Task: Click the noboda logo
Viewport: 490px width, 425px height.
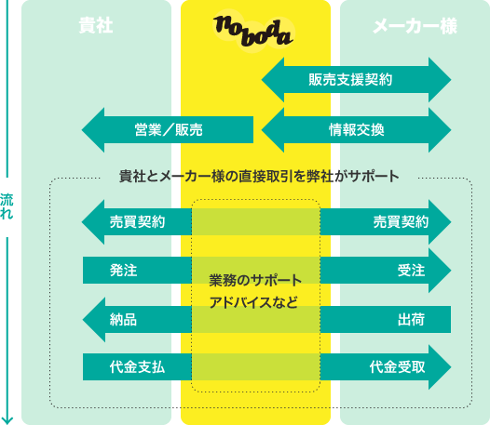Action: pyautogui.click(x=253, y=31)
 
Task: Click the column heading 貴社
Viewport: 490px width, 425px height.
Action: pyautogui.click(x=96, y=26)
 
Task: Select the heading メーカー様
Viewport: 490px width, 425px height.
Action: pyautogui.click(x=415, y=26)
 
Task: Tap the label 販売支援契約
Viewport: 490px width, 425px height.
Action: pyautogui.click(x=350, y=80)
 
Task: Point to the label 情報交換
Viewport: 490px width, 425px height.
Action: pyautogui.click(x=357, y=130)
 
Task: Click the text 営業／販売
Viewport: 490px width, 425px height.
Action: pyautogui.click(x=169, y=130)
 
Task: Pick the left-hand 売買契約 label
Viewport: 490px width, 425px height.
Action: pyautogui.click(x=137, y=222)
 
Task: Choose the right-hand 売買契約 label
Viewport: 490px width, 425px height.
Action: pyautogui.click(x=401, y=222)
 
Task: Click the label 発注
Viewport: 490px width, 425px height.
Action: pyautogui.click(x=124, y=271)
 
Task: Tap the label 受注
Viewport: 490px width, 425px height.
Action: pyautogui.click(x=411, y=271)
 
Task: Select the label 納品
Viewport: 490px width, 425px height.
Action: pyautogui.click(x=123, y=320)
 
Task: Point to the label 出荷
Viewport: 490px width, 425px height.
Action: pyautogui.click(x=411, y=320)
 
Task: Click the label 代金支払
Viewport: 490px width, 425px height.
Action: pyautogui.click(x=137, y=367)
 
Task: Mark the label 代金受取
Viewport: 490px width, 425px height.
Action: pyautogui.click(x=398, y=367)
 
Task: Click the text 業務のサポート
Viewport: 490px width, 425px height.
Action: pyautogui.click(x=255, y=280)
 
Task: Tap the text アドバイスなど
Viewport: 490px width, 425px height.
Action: pyautogui.click(x=253, y=302)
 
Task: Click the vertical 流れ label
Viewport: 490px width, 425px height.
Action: pyautogui.click(x=7, y=206)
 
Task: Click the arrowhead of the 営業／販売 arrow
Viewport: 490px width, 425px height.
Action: pyautogui.click(x=93, y=130)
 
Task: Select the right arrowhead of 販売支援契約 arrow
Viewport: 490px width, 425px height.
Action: pyautogui.click(x=440, y=80)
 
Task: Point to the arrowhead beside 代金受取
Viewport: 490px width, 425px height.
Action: pyautogui.click(x=440, y=367)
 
